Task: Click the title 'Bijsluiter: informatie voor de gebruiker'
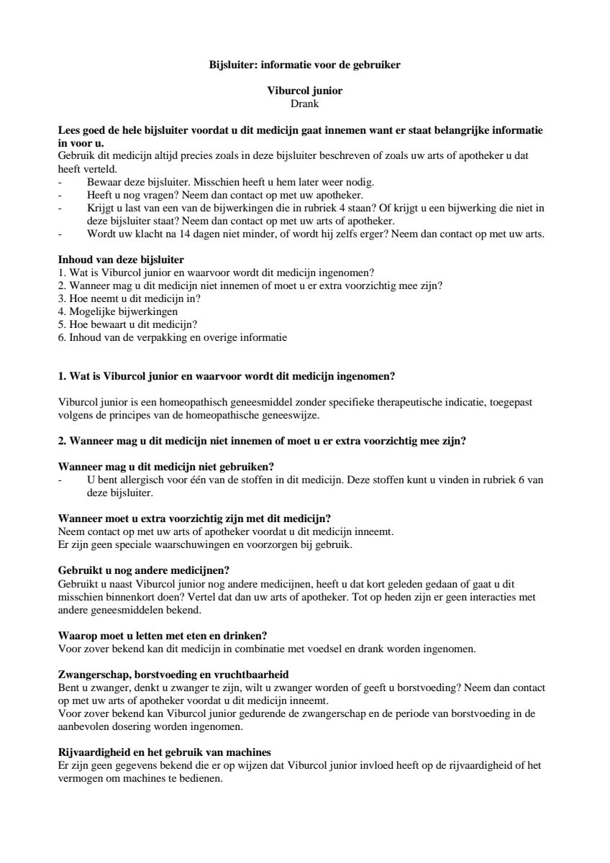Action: click(x=304, y=65)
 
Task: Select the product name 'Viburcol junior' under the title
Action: click(x=304, y=91)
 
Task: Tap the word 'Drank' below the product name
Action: click(x=304, y=104)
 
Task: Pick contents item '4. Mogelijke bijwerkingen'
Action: click(x=117, y=311)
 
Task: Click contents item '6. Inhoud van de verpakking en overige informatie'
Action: click(x=172, y=337)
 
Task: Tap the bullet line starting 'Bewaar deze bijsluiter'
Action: click(x=230, y=182)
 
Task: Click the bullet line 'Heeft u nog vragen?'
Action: click(x=224, y=195)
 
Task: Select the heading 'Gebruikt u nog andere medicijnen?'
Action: click(x=142, y=570)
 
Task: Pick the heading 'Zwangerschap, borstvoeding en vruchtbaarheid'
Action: click(x=173, y=675)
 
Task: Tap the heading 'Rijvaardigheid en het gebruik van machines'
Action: click(x=164, y=752)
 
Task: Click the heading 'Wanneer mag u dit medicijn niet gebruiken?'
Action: click(x=165, y=467)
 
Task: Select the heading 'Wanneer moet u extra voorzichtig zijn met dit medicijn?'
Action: click(x=194, y=519)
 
